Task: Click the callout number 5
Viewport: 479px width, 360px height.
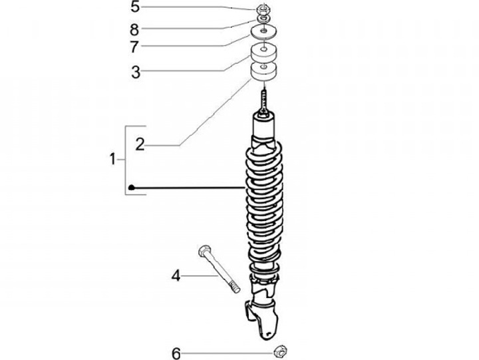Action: [x=135, y=8]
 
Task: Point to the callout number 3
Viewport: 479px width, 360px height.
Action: [x=136, y=71]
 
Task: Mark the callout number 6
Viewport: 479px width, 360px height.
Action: [x=176, y=353]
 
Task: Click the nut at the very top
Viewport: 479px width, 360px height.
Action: [x=265, y=9]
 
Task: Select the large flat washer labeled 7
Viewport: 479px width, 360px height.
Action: [x=265, y=32]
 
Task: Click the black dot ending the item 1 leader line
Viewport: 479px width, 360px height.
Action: [x=133, y=188]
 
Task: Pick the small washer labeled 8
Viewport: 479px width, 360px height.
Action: [x=265, y=19]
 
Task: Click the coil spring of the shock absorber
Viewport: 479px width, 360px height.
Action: [x=265, y=206]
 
